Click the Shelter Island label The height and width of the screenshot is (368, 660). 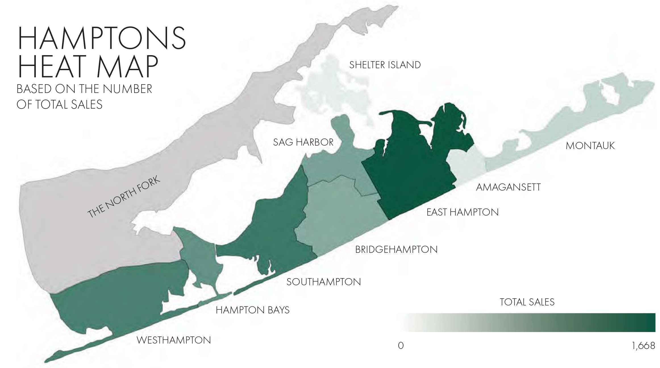click(x=385, y=65)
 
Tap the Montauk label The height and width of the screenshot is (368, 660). click(x=590, y=146)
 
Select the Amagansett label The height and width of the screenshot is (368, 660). click(x=508, y=187)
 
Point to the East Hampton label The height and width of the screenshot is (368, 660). click(x=462, y=212)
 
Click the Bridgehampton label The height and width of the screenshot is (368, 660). click(x=396, y=250)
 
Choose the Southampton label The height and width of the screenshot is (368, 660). click(x=323, y=282)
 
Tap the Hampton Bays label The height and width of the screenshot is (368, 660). click(x=252, y=310)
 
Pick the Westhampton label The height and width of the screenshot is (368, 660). click(x=174, y=340)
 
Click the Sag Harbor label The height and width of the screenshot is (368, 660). click(x=303, y=142)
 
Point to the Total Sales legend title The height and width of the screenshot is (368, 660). click(x=527, y=302)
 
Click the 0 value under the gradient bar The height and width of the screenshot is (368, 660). click(x=401, y=346)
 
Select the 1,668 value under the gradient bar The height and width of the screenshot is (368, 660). click(x=643, y=346)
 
